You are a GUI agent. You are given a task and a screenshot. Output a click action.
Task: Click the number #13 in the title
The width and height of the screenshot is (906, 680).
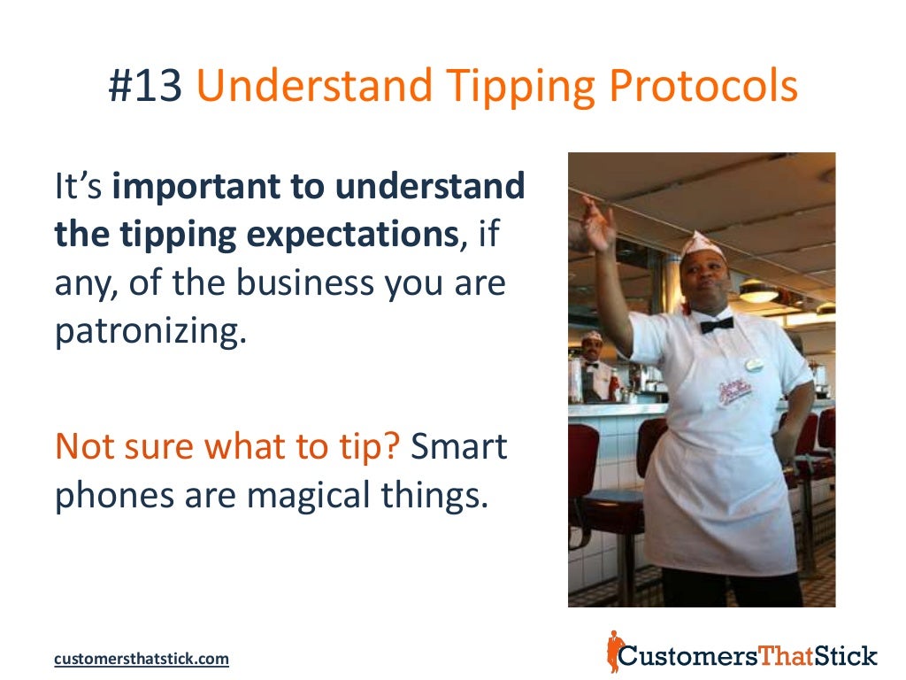tap(145, 88)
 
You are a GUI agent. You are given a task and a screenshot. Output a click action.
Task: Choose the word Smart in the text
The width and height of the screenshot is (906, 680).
tap(459, 448)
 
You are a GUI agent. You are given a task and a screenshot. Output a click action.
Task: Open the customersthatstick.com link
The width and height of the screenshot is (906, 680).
tap(142, 659)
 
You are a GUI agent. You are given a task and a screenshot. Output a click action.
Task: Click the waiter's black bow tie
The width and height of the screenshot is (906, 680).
tap(716, 324)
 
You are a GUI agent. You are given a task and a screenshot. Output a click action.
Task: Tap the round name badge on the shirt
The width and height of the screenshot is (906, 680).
tap(754, 364)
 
